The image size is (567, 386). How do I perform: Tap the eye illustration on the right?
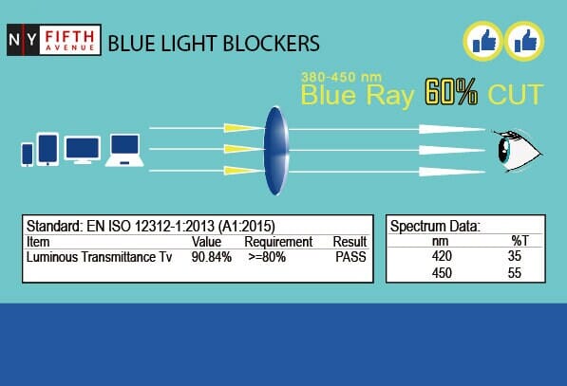520,149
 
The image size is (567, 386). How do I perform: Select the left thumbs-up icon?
482,41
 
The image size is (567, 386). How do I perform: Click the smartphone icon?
28,153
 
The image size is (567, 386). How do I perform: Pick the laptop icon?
125,150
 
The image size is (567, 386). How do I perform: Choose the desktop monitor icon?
83,151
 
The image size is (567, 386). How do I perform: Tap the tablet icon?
48,149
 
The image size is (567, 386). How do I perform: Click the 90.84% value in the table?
212,256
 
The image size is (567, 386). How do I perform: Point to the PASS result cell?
349,256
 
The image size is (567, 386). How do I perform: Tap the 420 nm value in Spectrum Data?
443,256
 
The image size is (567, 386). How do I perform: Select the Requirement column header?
277,242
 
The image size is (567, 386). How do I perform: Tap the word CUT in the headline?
516,95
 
